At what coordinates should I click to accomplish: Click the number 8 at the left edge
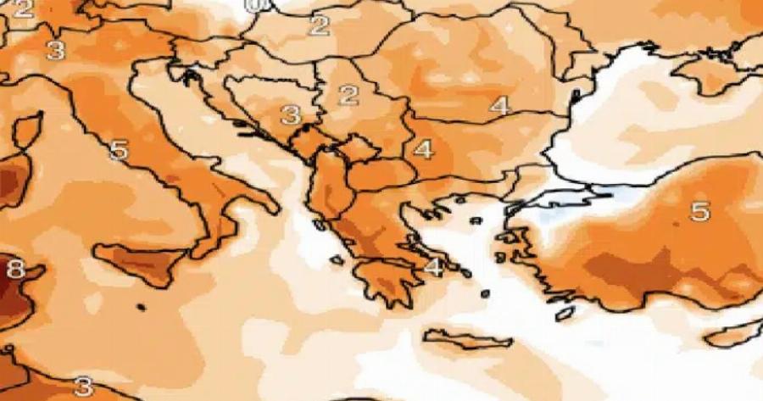coord(14,270)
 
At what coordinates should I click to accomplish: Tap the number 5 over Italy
coord(119,151)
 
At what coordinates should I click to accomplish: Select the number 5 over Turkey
coord(699,211)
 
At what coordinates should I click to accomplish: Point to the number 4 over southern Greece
coord(433,267)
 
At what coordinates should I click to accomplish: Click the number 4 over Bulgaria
coord(423,150)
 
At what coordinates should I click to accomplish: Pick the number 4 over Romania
coord(499,106)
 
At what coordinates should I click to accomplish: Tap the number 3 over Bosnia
coord(291,114)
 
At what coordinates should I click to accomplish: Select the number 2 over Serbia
coord(348,94)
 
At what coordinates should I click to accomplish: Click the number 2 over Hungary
coord(319,25)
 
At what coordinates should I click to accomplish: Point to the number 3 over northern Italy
coord(56,50)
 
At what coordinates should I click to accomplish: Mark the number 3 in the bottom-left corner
coord(83,387)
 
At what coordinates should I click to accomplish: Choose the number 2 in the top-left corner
coord(23,10)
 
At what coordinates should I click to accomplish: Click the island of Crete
coord(466,339)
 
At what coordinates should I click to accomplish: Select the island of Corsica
coord(27,131)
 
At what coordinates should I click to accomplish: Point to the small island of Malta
coord(140,307)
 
